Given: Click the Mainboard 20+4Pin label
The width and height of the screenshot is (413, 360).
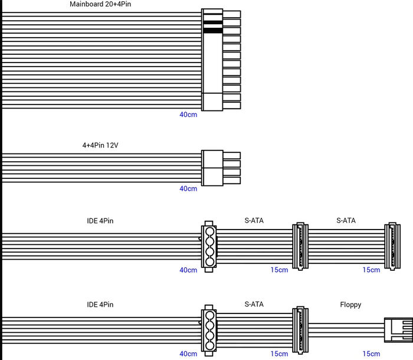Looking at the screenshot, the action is tap(100, 4).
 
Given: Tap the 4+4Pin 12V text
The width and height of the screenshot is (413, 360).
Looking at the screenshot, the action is tap(100, 145).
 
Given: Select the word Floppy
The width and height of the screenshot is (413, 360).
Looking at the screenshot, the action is tap(350, 305).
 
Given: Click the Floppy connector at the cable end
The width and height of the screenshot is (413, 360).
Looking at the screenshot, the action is tap(398, 330).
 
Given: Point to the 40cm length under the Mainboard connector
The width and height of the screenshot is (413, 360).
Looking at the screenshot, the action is tap(188, 114).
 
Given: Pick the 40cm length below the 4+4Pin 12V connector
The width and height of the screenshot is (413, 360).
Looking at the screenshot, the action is tap(188, 189).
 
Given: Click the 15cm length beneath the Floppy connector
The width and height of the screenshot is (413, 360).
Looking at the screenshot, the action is tap(371, 354).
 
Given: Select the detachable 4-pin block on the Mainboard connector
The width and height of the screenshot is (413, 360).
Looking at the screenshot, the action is tap(212, 102).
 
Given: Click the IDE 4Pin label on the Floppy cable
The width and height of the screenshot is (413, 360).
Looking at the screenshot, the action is tap(100, 305).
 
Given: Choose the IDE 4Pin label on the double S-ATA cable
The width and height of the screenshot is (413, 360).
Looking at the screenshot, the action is tap(100, 221).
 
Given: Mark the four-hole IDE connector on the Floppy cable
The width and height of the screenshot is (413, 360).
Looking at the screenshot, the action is tap(209, 330).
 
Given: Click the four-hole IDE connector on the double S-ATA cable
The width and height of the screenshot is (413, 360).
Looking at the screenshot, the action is tap(209, 247).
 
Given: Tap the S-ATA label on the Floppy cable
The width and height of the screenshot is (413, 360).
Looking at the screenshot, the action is tap(254, 305).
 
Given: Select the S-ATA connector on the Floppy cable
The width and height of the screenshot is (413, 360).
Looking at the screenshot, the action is tap(300, 330).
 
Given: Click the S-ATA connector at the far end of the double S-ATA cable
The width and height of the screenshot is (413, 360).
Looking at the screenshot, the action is tap(392, 246).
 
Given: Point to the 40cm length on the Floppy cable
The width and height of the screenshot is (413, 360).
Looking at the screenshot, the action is tap(188, 354).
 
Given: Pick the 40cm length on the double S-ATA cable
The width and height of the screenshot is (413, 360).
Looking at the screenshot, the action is tap(188, 270).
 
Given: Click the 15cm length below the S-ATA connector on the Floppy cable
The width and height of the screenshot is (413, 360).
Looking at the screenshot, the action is tap(279, 354).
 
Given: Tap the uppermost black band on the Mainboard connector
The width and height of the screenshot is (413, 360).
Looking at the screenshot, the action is tap(213, 23).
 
